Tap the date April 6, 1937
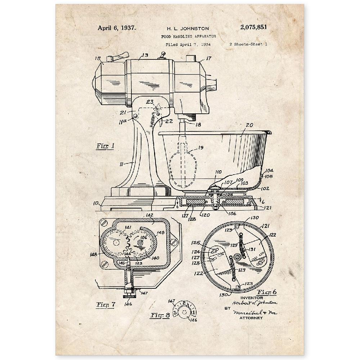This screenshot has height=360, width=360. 117,28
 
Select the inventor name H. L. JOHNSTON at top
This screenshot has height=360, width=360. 187,28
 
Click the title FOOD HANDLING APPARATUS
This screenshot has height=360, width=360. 189,36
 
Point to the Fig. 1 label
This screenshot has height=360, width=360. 105,146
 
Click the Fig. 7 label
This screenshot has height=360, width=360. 105,305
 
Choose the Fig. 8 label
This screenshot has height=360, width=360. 159,316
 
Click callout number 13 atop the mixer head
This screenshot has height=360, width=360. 145,55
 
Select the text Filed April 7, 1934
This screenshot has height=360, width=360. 188,45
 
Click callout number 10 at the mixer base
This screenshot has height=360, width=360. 96,203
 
